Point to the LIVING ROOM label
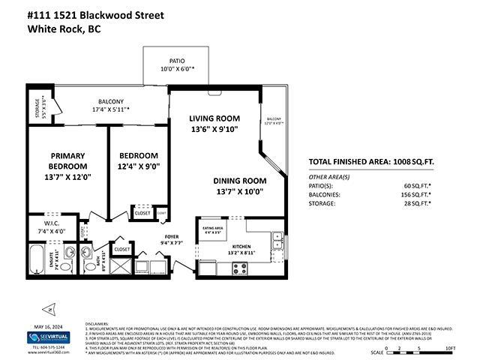214,118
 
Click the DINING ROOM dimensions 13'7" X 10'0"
239,191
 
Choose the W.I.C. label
51,224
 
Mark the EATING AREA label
214,227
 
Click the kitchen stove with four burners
240,267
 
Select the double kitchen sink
277,240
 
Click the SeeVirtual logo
37,337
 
